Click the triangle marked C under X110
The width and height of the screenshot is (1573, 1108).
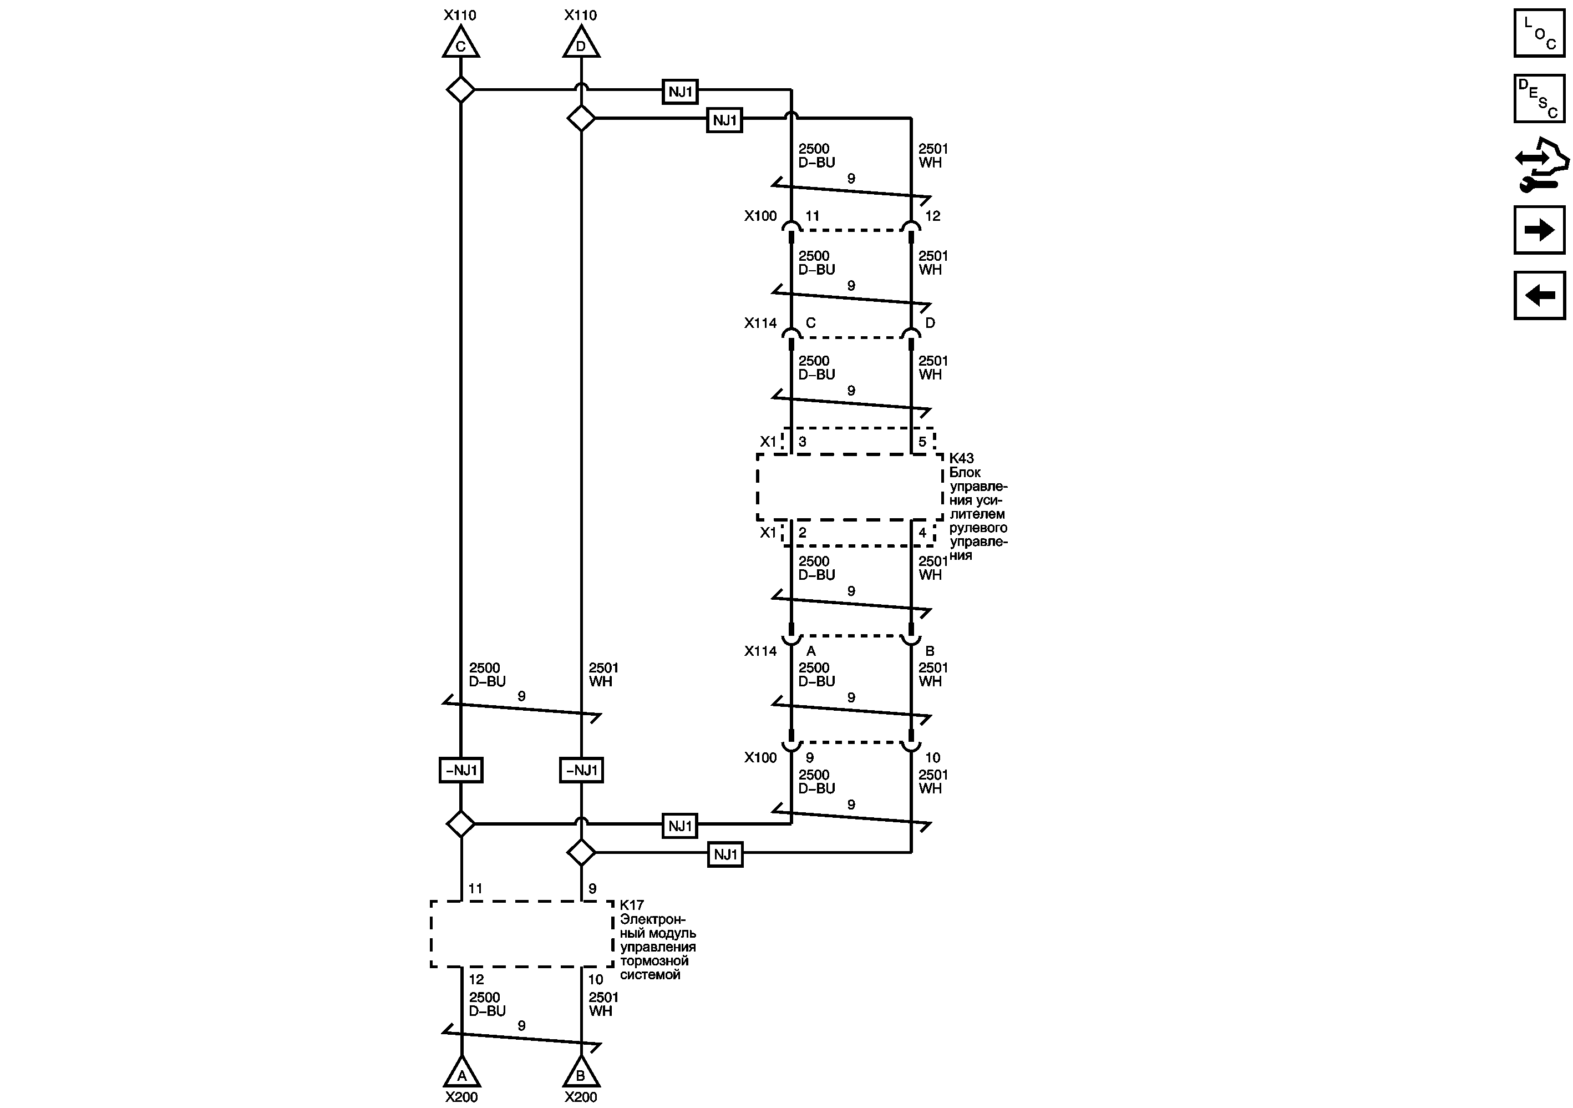(x=460, y=44)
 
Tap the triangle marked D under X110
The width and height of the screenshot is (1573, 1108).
(x=581, y=44)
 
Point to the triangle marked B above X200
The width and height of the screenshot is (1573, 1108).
(x=581, y=1073)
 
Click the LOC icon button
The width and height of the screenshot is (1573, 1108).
(x=1539, y=33)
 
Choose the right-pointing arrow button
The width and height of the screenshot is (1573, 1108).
(x=1539, y=230)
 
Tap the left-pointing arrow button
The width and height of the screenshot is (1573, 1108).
(x=1539, y=295)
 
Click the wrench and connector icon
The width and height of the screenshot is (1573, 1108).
(x=1540, y=164)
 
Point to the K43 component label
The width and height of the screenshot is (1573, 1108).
(x=962, y=458)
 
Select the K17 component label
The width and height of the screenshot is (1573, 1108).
(x=632, y=905)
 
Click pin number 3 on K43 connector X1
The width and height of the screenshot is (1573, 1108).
(x=802, y=442)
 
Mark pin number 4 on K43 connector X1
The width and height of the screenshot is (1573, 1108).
(x=922, y=533)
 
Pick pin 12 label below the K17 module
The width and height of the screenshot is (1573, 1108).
(x=476, y=980)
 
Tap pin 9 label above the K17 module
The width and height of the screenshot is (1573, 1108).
(x=592, y=889)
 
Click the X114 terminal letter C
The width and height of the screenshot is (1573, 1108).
(x=810, y=323)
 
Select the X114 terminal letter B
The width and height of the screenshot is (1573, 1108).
(x=930, y=651)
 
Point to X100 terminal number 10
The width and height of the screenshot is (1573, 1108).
(x=932, y=758)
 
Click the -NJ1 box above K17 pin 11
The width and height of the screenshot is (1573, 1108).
(x=461, y=770)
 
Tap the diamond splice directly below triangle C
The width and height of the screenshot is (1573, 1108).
(x=460, y=90)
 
